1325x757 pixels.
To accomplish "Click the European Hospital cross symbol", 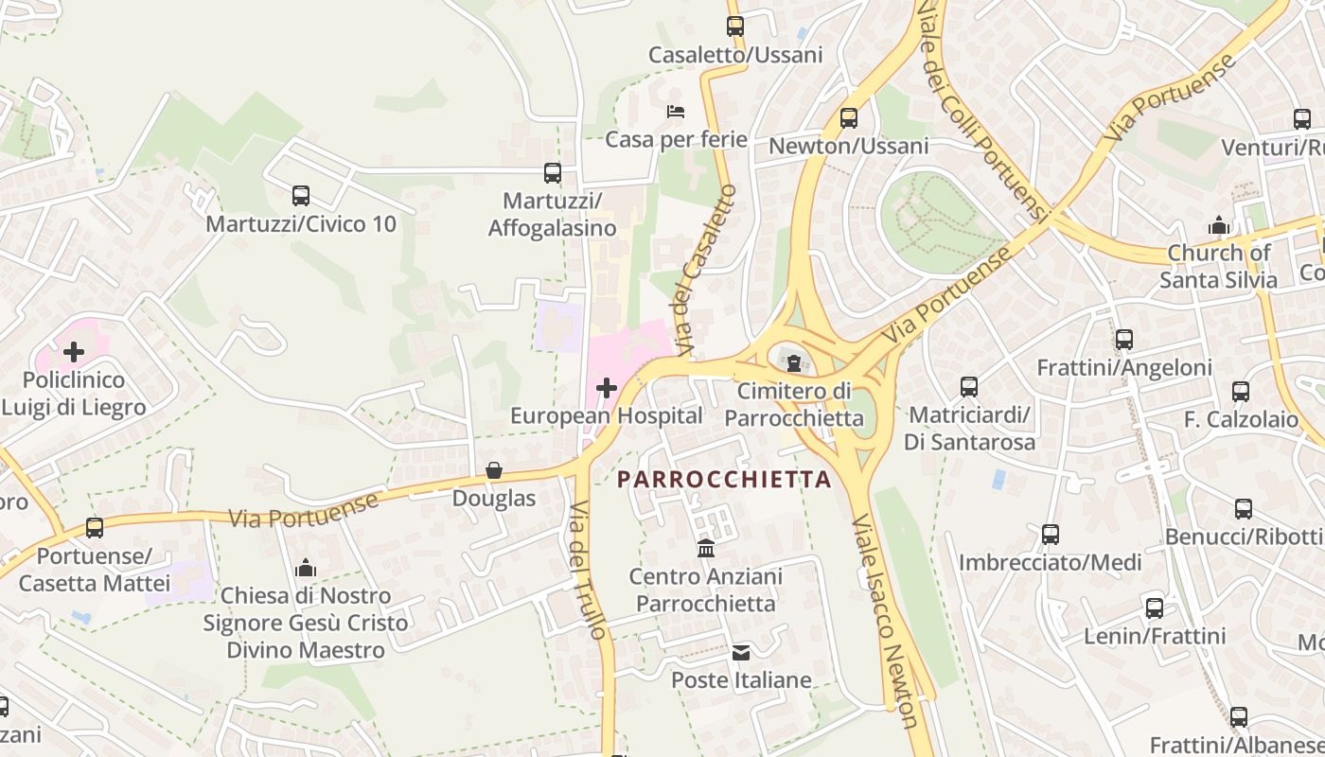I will tap(607, 388).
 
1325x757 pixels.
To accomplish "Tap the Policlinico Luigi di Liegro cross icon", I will tap(73, 353).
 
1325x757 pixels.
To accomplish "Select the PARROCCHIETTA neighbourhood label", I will tap(724, 479).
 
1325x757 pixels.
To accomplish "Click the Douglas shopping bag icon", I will tap(494, 470).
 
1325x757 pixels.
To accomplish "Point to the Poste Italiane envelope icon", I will tap(741, 652).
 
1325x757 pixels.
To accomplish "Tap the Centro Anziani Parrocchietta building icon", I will tap(706, 548).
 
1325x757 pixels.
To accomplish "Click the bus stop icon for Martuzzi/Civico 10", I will tap(301, 196).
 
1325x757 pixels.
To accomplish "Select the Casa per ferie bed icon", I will tap(675, 112).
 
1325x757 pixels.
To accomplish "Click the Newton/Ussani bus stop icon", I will tap(849, 118).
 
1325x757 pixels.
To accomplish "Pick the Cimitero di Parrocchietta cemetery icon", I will tap(794, 361).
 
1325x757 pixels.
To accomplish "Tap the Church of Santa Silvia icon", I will tap(1218, 225).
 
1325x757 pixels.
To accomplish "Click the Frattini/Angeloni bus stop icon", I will tap(1124, 339).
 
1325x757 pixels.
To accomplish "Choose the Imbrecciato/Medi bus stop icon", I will tap(1051, 535).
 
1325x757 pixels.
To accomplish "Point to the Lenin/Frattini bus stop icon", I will tap(1155, 607).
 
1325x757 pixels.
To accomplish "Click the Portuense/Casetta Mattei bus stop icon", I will tap(95, 527).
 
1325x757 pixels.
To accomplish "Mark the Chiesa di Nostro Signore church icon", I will tap(305, 568).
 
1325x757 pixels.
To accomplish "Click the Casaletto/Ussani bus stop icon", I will tap(735, 26).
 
